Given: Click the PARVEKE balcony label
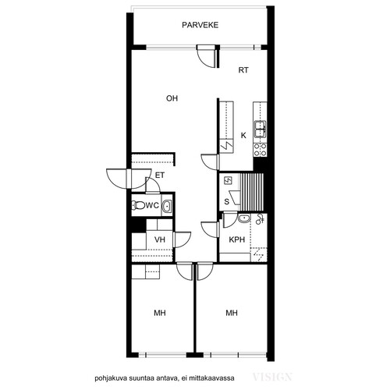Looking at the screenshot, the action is pyautogui.click(x=200, y=25).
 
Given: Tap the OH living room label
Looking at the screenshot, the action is pyautogui.click(x=172, y=98).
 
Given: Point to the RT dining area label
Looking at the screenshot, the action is pyautogui.click(x=243, y=70).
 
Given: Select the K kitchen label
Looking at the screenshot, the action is pyautogui.click(x=243, y=136).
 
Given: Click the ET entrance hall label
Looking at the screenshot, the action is pyautogui.click(x=160, y=175).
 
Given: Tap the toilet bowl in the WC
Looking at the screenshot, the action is pyautogui.click(x=138, y=206).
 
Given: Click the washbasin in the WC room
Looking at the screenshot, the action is pyautogui.click(x=166, y=206).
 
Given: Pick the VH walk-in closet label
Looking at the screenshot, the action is pyautogui.click(x=160, y=239).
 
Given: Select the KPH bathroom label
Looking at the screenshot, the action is pyautogui.click(x=237, y=239).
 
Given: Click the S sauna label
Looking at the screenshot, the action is pyautogui.click(x=227, y=201).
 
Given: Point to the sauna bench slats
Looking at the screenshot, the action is pyautogui.click(x=252, y=192).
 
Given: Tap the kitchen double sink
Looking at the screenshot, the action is pyautogui.click(x=260, y=129).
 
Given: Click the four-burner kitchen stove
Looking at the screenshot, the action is pyautogui.click(x=260, y=150).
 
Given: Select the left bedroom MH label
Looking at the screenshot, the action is pyautogui.click(x=160, y=313).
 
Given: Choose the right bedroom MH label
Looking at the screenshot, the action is pyautogui.click(x=232, y=313).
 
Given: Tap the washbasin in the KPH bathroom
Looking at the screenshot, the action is pyautogui.click(x=244, y=218).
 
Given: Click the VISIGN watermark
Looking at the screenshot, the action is pyautogui.click(x=272, y=377).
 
